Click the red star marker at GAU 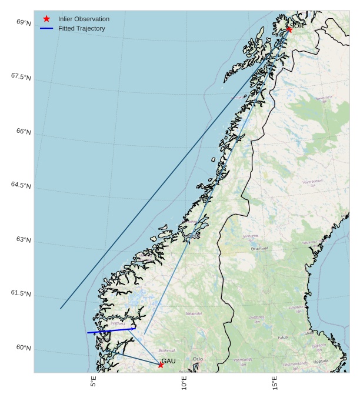161,365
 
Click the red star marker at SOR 289,29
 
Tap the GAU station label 168,361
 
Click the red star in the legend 46,19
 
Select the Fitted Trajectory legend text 81,28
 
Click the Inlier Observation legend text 84,19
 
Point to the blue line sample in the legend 46,28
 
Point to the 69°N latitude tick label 24,22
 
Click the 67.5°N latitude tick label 21,76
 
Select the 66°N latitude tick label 24,131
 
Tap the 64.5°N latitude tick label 21,185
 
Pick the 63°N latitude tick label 24,239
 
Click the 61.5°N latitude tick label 21,293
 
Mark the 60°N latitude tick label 24,347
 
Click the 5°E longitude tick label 94,382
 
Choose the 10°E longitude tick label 184,383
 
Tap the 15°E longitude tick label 275,383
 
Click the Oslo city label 198,359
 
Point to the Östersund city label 259,249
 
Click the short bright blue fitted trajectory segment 111,331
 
